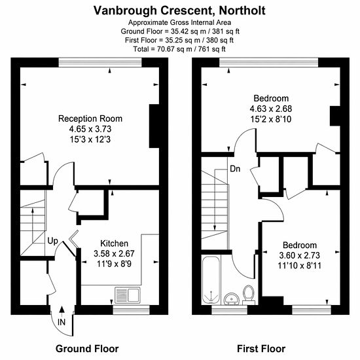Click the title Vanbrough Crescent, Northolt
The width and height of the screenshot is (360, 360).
click(x=179, y=10)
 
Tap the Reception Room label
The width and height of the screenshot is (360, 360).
click(x=90, y=118)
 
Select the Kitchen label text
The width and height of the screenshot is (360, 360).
click(x=115, y=243)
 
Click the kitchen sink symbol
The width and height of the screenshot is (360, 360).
click(x=128, y=295)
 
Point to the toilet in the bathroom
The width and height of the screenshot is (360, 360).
click(x=249, y=295)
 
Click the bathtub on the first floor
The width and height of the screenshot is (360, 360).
click(x=211, y=280)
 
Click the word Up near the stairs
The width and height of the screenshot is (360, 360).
click(x=52, y=242)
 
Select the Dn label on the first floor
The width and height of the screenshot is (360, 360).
click(x=235, y=169)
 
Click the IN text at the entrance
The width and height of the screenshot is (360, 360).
click(x=62, y=322)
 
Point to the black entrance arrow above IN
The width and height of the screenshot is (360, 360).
click(x=62, y=310)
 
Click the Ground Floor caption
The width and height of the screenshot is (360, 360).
click(x=87, y=348)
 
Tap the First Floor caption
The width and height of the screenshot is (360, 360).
click(x=261, y=348)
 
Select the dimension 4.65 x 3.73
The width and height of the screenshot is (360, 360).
click(x=90, y=129)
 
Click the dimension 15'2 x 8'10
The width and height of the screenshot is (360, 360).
click(x=271, y=119)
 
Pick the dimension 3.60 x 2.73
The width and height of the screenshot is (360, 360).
click(x=299, y=255)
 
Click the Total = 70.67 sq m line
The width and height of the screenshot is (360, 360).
click(x=179, y=49)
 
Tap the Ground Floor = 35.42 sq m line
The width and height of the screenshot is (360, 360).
click(x=180, y=31)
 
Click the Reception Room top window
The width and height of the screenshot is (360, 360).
click(x=100, y=62)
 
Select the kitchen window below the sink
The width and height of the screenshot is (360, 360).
click(x=131, y=310)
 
